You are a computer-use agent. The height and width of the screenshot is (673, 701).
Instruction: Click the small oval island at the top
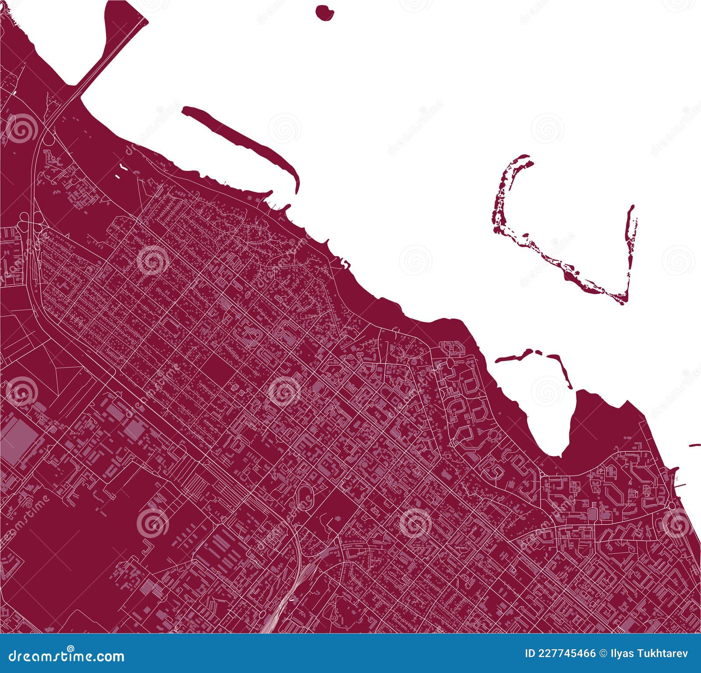324,12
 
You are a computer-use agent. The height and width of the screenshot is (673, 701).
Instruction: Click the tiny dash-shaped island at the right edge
694,446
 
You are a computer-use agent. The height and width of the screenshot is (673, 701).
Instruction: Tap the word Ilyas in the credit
622,654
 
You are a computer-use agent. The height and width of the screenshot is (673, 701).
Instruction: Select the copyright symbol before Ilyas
604,654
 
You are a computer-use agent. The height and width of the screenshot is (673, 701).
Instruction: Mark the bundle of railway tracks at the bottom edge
280,613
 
